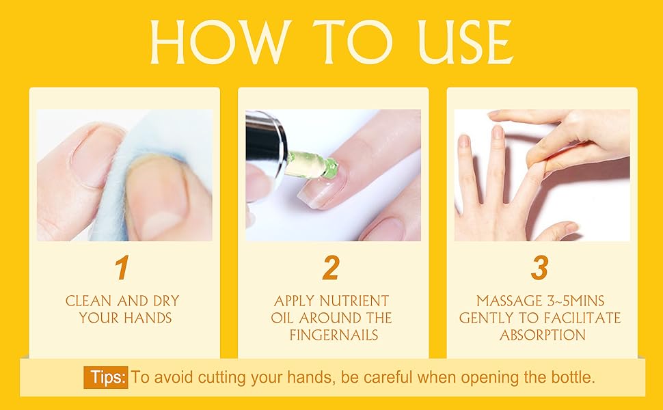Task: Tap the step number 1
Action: click(x=122, y=269)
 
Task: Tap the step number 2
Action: click(x=331, y=269)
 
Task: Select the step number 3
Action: click(x=539, y=269)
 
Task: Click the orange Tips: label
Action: click(x=106, y=377)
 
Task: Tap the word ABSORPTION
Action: click(x=542, y=335)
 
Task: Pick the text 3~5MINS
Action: click(x=578, y=301)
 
